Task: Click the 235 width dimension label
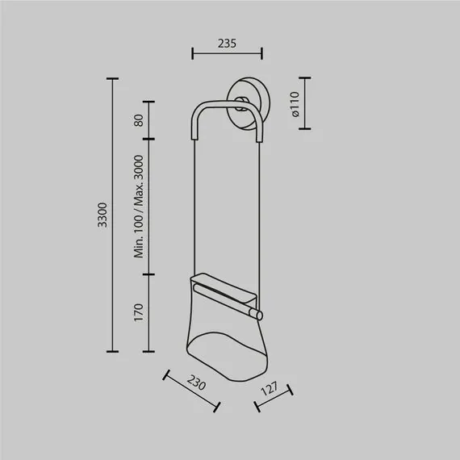pyautogui.click(x=227, y=44)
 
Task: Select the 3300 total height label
pyautogui.click(x=102, y=215)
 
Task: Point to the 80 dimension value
pyautogui.click(x=138, y=120)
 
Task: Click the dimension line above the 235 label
pyautogui.click(x=227, y=55)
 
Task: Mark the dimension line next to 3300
pyautogui.click(x=113, y=215)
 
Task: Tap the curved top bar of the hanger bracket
pyautogui.click(x=226, y=104)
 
